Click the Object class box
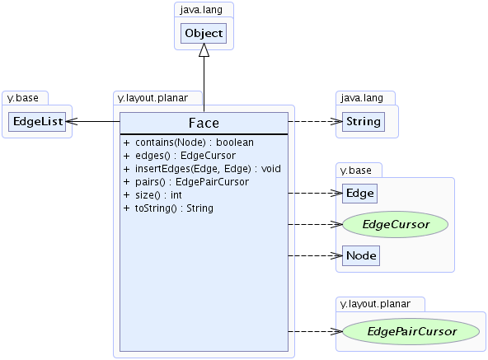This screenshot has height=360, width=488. point(204,33)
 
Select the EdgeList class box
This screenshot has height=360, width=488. point(37,122)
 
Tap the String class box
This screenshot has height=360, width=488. point(364,122)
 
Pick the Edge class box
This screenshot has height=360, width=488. point(359,194)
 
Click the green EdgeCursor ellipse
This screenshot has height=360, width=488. point(395,224)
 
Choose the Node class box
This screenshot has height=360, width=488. point(361,255)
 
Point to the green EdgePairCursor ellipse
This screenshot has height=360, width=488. point(411,331)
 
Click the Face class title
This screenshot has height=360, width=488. point(204,123)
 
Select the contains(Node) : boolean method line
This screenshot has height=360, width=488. point(189,143)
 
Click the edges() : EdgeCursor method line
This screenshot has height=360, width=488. point(180,156)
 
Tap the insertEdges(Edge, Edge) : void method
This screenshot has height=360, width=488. point(202,169)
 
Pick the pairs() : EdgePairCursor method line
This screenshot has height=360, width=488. point(186,182)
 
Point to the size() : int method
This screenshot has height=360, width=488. point(152,195)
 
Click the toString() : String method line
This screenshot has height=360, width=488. point(168,208)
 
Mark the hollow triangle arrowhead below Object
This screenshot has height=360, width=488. point(204,50)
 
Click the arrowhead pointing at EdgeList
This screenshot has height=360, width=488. point(72,121)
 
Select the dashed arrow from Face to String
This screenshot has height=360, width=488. point(315,121)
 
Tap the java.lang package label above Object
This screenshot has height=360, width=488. point(201,10)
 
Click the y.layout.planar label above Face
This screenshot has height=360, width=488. point(152,98)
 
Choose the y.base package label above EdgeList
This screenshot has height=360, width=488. point(23,98)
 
